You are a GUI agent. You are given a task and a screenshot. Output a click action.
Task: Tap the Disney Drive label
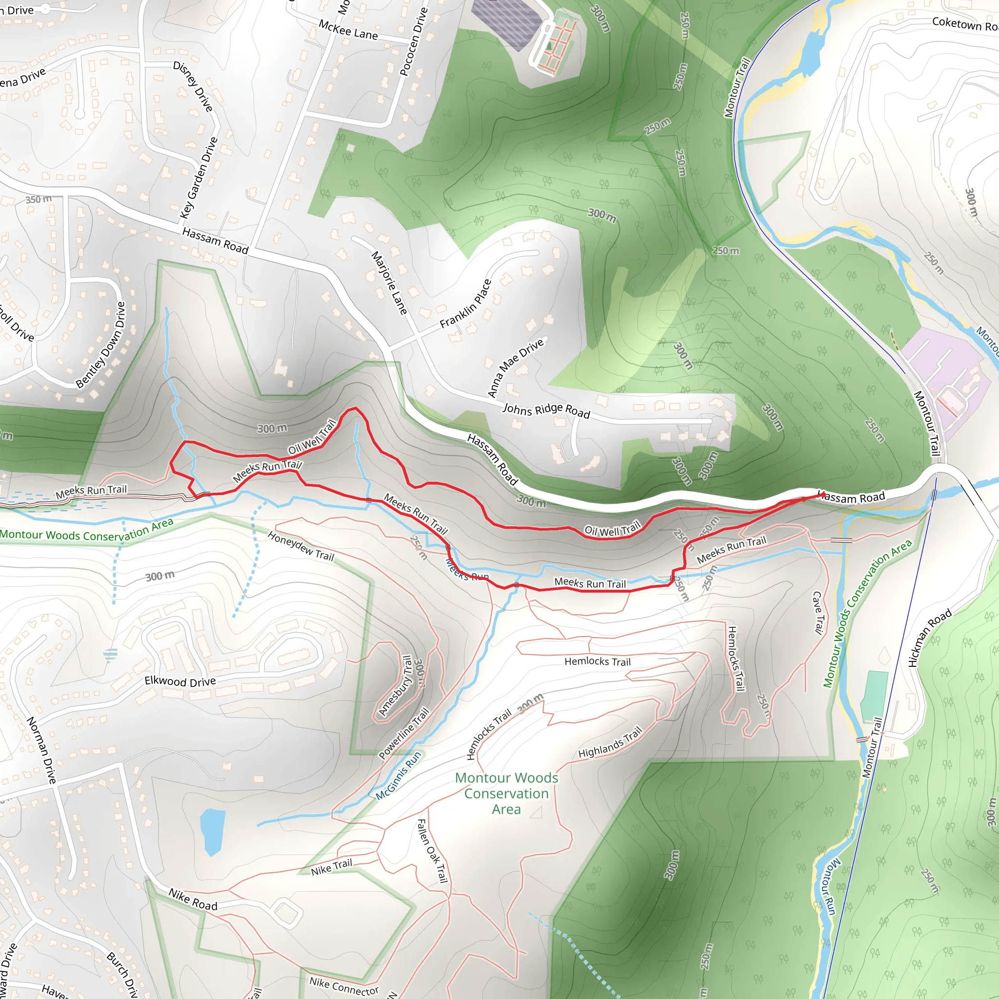click(x=193, y=86)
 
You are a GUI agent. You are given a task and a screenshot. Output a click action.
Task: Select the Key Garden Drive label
click(x=199, y=178)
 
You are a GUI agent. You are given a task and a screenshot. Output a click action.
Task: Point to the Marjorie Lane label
click(x=389, y=283)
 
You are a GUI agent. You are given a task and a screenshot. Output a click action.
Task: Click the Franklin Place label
click(x=465, y=303)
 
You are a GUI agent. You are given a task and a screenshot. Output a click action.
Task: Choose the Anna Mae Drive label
click(x=516, y=367)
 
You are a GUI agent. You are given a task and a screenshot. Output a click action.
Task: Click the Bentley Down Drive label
click(x=101, y=345)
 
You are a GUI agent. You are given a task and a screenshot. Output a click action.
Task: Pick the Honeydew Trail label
click(x=301, y=546)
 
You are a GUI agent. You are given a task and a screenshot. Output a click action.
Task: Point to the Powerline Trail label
click(x=404, y=733)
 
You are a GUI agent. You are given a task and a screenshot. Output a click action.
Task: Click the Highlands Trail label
click(x=610, y=742)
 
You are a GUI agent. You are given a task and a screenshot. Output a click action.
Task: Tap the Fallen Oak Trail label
click(x=432, y=851)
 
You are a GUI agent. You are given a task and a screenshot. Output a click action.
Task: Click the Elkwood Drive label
click(x=180, y=681)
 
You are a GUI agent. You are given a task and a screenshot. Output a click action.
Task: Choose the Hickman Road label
click(x=929, y=638)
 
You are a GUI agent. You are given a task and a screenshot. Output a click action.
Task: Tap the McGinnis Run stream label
click(x=398, y=776)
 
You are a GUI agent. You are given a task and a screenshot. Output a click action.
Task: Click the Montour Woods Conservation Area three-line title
click(x=506, y=793)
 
